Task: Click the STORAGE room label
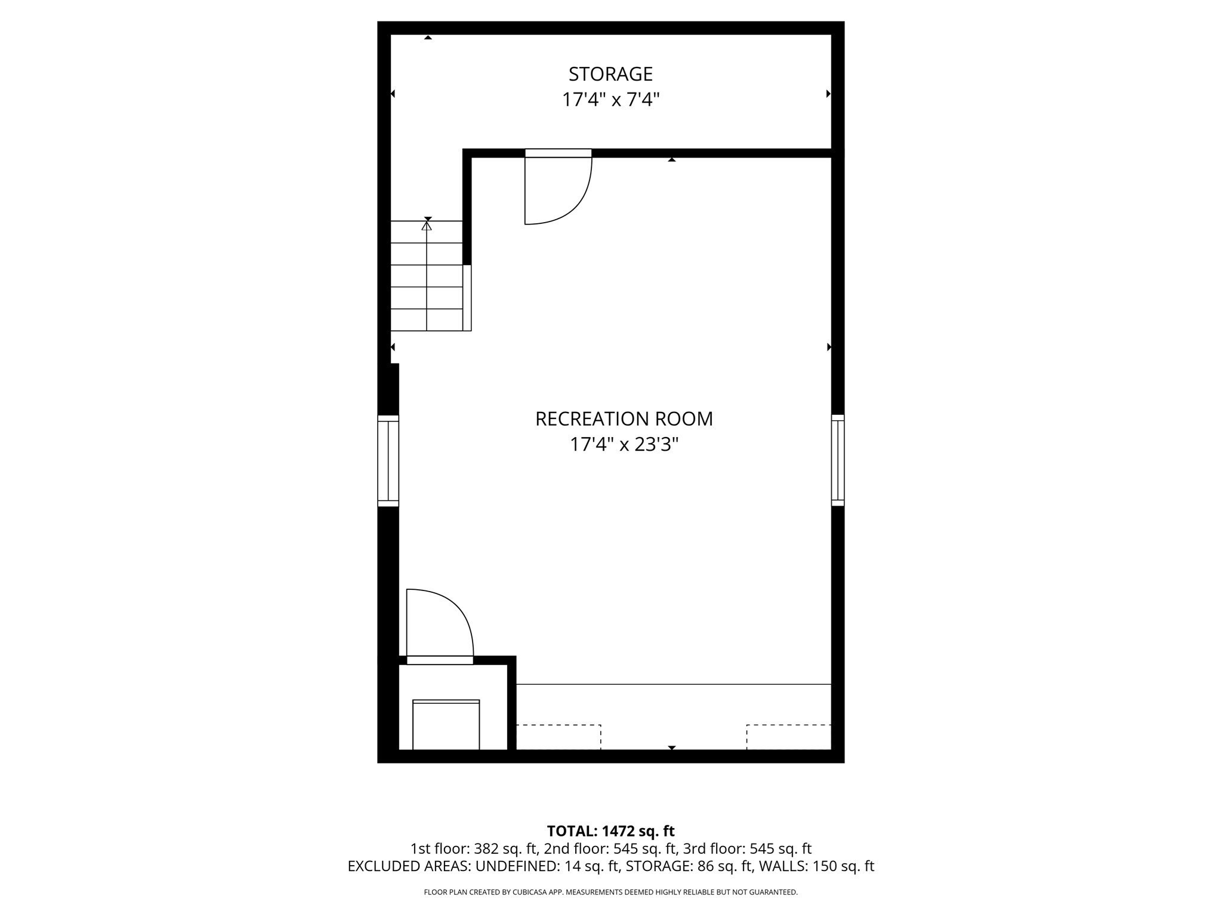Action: pos(610,74)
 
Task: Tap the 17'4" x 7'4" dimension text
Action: pos(610,100)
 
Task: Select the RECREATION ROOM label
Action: pos(624,419)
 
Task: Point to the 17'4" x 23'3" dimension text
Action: pos(624,445)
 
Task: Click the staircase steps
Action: pos(427,276)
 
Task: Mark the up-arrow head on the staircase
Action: pos(427,226)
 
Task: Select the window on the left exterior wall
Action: pos(388,461)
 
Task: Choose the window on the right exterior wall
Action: pos(838,460)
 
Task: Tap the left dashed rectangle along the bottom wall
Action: pos(558,737)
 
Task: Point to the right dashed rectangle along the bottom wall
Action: pos(788,737)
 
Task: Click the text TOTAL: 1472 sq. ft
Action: pos(610,831)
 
